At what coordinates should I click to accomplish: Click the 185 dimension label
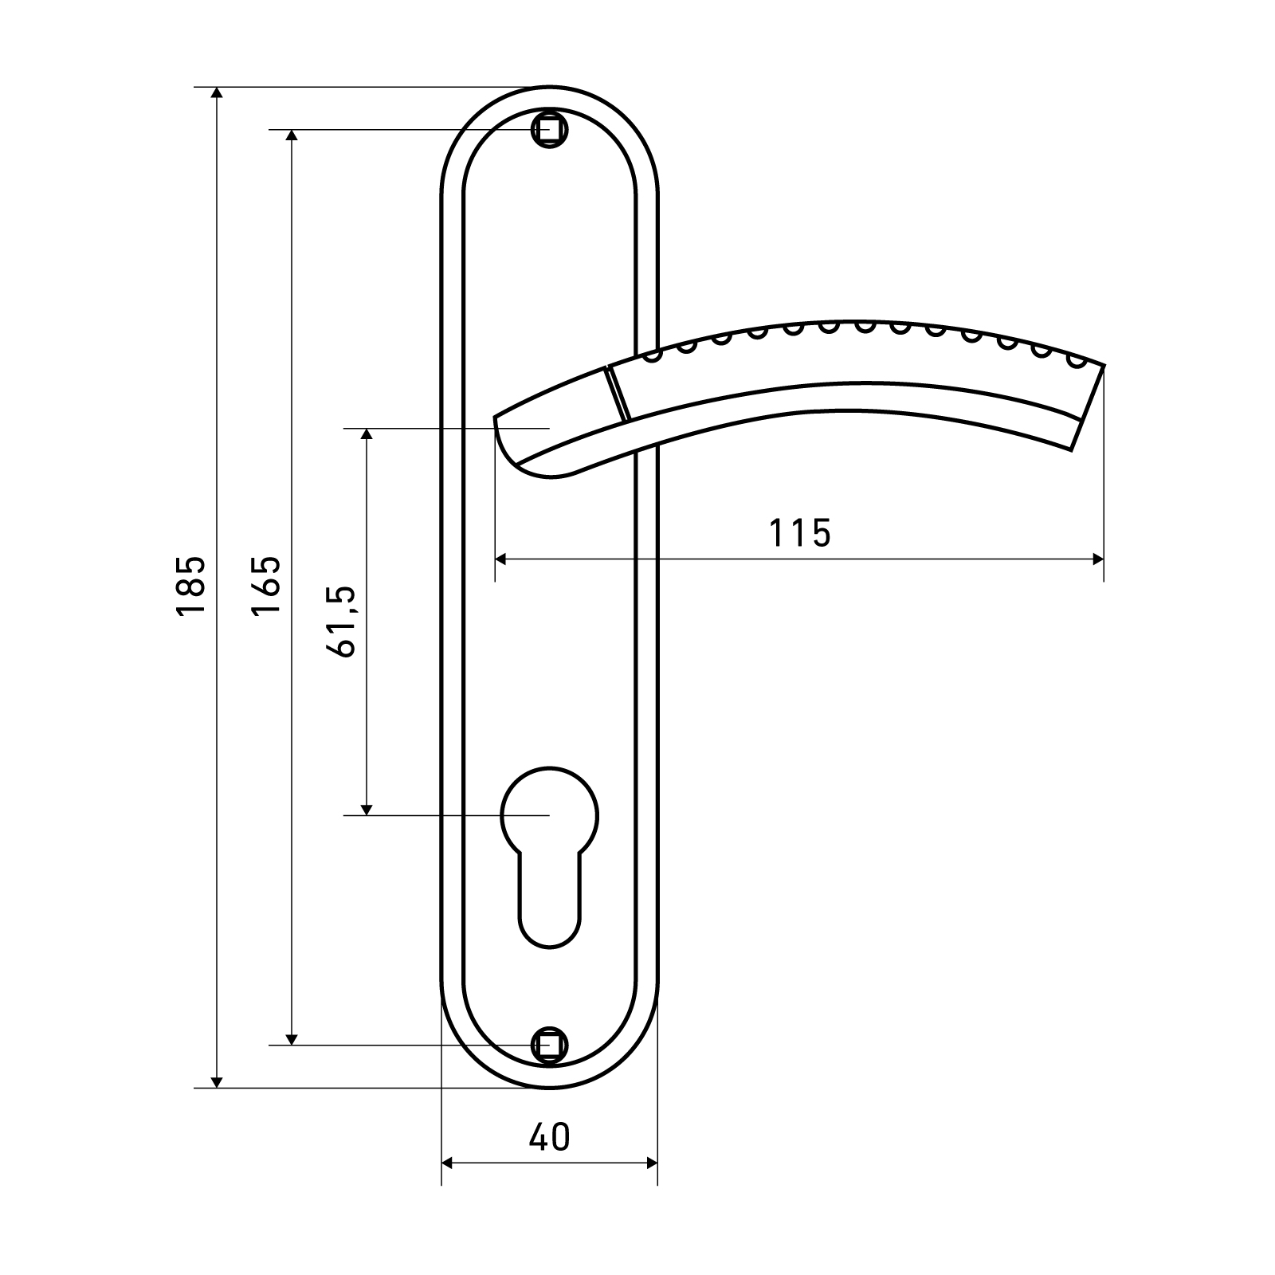click(x=191, y=586)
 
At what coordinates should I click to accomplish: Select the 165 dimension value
click(x=266, y=586)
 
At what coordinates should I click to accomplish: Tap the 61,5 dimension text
click(x=340, y=622)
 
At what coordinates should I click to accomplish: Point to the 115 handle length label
click(x=800, y=533)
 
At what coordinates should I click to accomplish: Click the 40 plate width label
click(x=550, y=1137)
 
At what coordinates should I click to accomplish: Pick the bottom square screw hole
click(x=549, y=1044)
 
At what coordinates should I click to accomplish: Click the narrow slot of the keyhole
click(x=549, y=900)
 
